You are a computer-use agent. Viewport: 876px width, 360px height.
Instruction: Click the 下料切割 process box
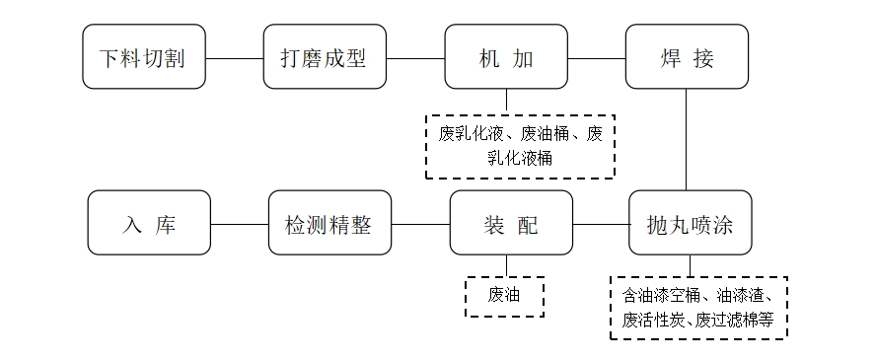point(144,57)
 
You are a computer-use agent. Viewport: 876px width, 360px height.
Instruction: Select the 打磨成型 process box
point(325,57)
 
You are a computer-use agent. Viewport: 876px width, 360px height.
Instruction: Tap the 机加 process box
point(506,57)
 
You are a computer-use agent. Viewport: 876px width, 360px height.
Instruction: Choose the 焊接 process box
point(688,57)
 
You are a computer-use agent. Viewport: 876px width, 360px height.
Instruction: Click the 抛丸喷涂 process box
point(690,223)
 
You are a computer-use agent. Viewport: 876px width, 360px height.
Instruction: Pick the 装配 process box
point(511,223)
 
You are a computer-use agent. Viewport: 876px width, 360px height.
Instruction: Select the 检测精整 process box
point(329,223)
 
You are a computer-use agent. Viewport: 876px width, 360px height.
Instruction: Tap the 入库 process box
point(149,223)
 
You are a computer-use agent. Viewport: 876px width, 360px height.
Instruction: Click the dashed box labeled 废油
point(504,296)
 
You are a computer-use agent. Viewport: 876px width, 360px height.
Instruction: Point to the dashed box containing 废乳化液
point(519,145)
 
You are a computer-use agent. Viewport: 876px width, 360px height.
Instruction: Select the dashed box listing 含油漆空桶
point(697,307)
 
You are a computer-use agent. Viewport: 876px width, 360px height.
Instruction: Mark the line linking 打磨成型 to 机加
point(415,57)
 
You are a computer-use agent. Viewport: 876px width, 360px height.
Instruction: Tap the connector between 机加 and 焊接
point(597,57)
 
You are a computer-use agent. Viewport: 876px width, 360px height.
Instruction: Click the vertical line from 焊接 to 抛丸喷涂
point(688,140)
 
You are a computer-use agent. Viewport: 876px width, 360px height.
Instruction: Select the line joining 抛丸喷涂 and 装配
point(601,223)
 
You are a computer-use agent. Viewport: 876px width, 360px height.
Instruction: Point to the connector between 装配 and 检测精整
point(420,223)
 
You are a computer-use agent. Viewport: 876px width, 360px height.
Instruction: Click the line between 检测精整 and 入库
point(240,223)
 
